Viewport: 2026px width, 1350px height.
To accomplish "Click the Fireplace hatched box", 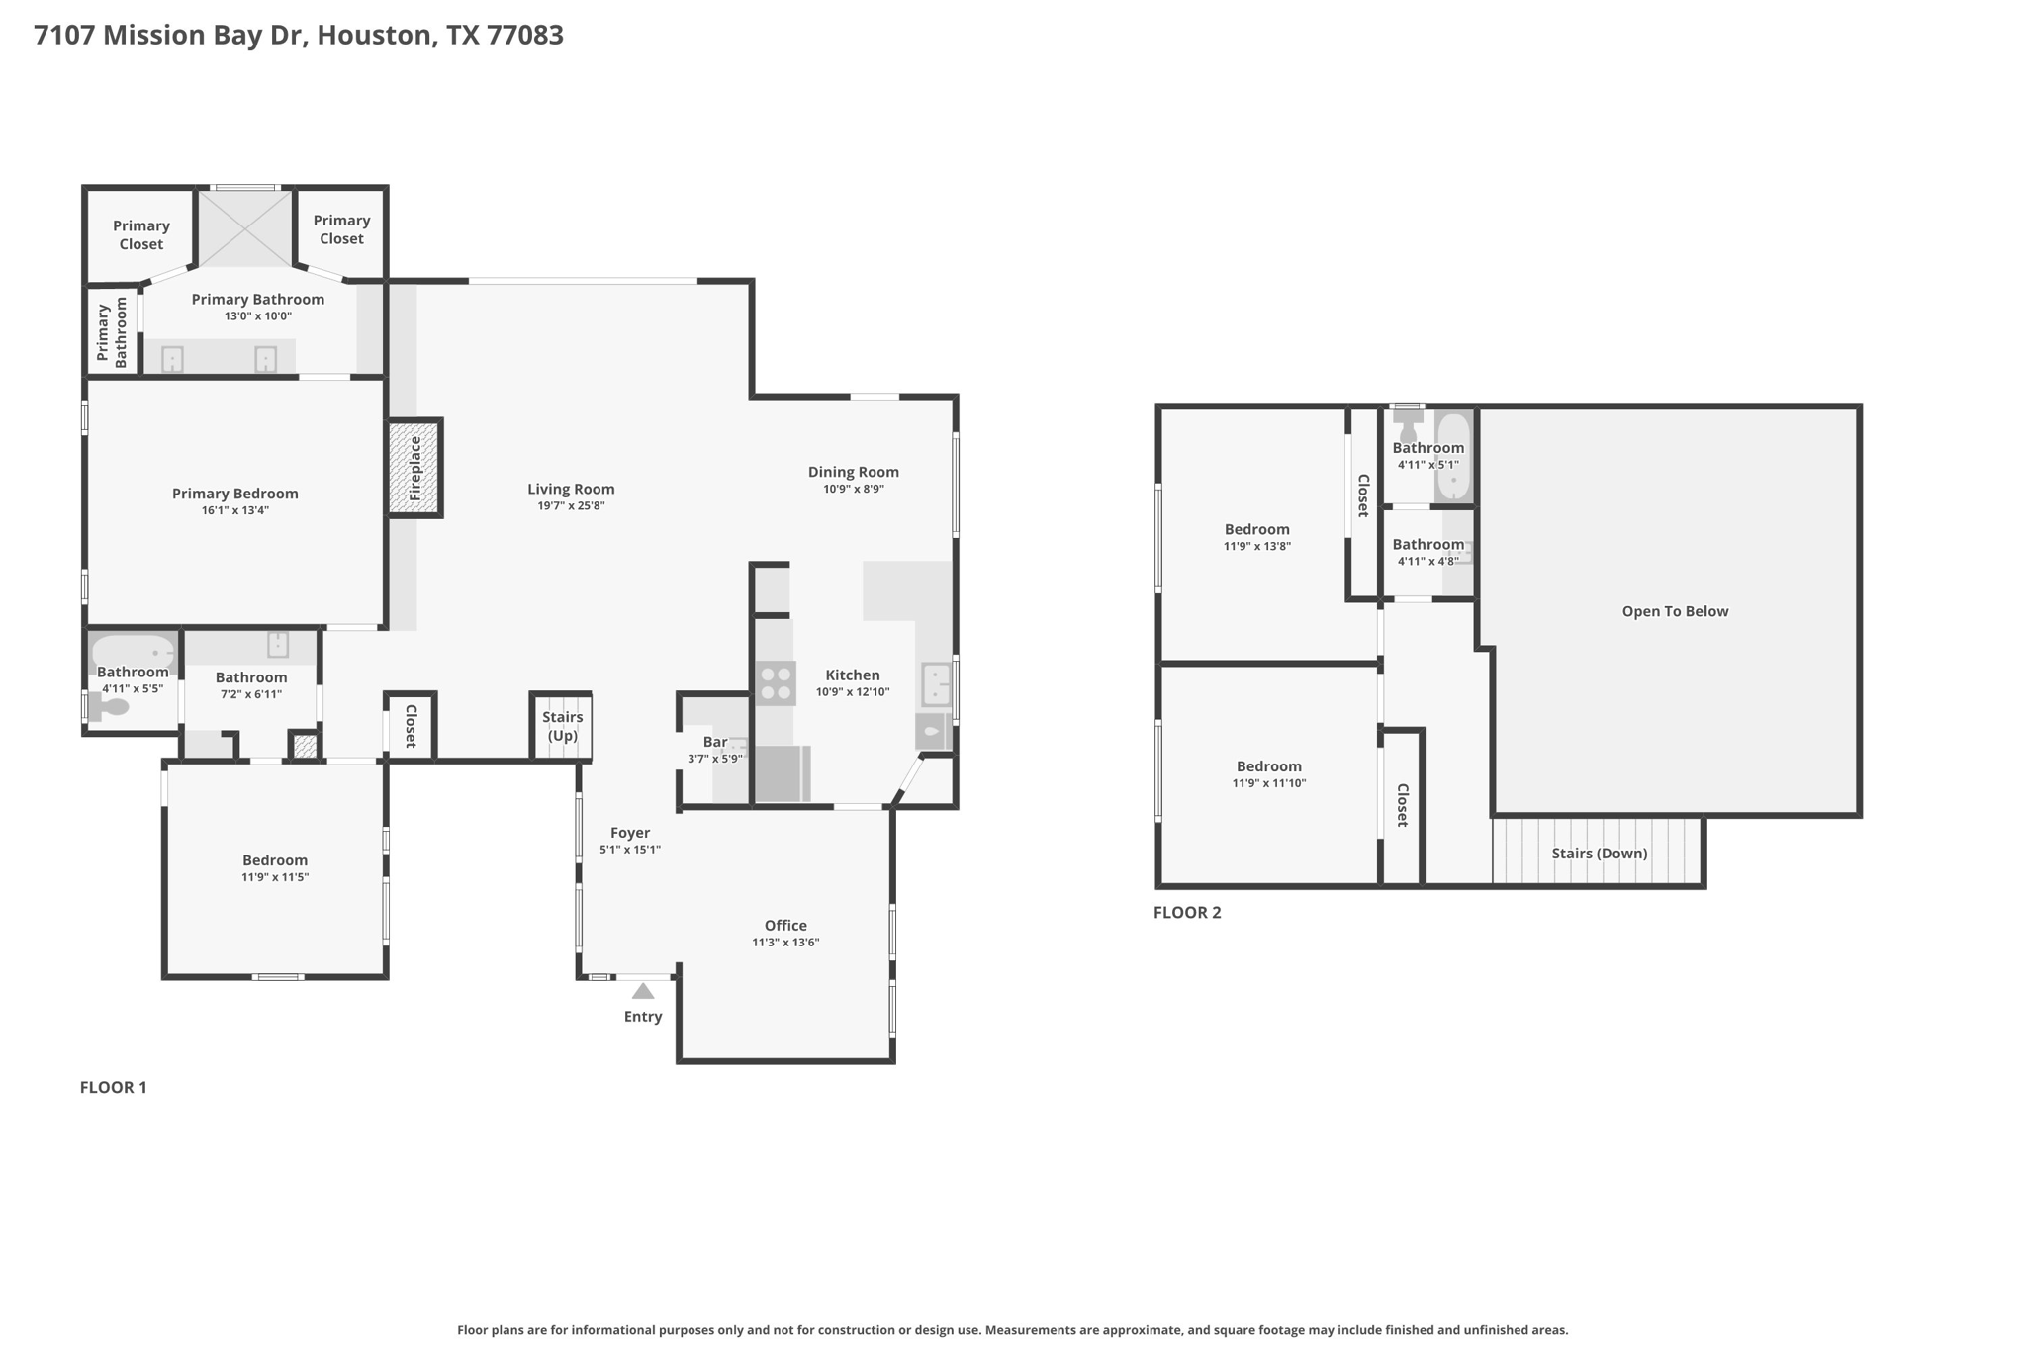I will coord(414,468).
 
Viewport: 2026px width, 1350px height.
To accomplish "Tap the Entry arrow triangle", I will coord(643,991).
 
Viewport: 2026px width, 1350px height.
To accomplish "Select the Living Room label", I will coord(571,489).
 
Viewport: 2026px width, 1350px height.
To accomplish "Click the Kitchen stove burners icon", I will coord(776,682).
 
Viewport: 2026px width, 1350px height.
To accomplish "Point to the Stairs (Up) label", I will coord(562,726).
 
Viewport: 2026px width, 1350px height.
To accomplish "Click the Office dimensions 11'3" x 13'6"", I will coord(785,943).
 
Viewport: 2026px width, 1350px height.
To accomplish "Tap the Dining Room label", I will coord(853,472).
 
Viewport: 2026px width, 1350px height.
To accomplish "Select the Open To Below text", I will coord(1675,611).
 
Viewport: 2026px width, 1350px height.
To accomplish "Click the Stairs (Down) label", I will coord(1599,853).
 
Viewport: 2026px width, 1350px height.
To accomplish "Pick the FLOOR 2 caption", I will coord(1187,912).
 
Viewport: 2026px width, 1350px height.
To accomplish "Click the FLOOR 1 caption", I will coord(113,1087).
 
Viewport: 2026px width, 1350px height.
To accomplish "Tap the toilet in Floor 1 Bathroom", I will coord(109,707).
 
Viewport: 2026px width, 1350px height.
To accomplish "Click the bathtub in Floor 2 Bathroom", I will coord(1453,456).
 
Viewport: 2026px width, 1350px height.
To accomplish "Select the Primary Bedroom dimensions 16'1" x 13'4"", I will coord(234,510).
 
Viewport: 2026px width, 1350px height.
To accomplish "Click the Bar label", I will coord(715,742).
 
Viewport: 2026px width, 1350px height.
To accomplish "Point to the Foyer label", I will coord(630,833).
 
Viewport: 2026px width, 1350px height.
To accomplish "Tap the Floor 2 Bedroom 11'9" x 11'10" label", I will coord(1268,766).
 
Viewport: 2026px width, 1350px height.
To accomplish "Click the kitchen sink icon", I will coord(936,683).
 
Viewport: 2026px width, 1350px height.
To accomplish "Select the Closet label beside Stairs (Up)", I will coord(411,726).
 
